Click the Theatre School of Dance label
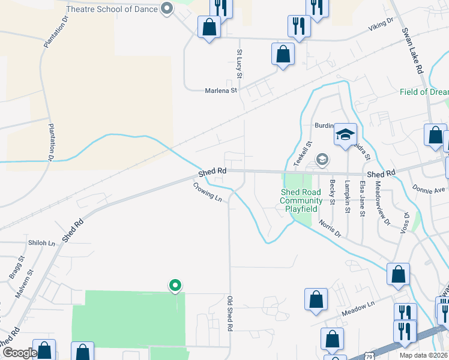point(112,9)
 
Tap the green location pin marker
point(175,286)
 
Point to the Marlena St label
point(221,91)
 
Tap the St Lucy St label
point(239,64)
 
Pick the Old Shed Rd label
point(229,313)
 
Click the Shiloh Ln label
point(41,242)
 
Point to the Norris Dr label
point(330,228)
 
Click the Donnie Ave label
point(429,189)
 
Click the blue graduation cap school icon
point(346,135)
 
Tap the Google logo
point(19,353)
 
